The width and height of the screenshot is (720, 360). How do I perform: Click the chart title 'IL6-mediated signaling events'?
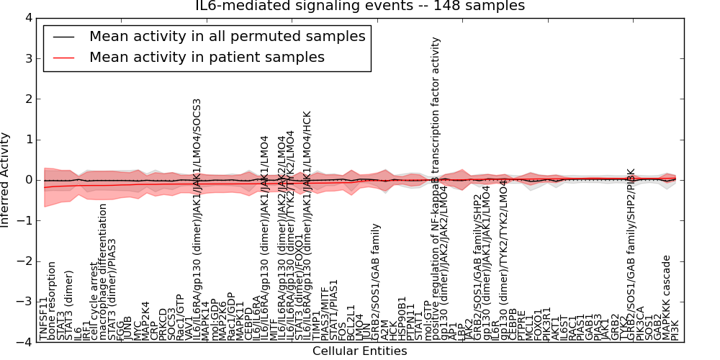coord(360,6)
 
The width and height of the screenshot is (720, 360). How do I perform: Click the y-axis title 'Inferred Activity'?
coord(6,180)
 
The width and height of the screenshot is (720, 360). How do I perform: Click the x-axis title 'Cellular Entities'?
coord(360,351)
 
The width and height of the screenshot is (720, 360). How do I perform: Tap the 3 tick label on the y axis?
coord(28,58)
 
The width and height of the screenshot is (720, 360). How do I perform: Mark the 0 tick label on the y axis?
coord(28,180)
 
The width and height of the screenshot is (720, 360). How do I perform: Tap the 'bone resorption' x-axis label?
coord(53,310)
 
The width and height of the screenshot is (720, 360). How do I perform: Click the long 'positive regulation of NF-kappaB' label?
coord(435,180)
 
